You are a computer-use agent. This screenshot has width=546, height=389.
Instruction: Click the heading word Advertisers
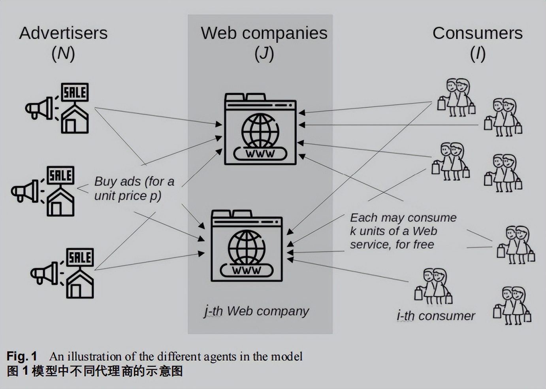pos(63,33)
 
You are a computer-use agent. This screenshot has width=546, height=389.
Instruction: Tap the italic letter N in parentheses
pos(63,53)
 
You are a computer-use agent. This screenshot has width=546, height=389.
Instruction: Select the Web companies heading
pos(264,33)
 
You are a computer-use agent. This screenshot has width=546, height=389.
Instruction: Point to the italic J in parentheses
pos(264,53)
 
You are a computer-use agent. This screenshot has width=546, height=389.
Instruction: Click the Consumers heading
pos(477,33)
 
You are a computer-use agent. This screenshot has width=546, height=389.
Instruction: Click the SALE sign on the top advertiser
pos(75,93)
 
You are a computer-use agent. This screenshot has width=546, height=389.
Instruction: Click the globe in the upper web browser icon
pos(260,130)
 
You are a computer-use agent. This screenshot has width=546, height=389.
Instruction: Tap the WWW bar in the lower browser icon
pos(247,270)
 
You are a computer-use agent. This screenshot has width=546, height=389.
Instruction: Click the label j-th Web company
pos(257,312)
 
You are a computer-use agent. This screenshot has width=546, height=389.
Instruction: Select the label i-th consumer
pos(436,316)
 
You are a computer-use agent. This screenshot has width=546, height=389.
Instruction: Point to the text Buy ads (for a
pos(134,181)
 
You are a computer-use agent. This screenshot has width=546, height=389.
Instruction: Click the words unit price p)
pos(128,196)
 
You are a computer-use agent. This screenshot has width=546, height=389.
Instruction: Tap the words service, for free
pos(392,245)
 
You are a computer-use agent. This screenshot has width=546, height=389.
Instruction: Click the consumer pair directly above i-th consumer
pos(434,287)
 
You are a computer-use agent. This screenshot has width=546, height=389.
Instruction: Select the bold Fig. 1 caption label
pos(22,357)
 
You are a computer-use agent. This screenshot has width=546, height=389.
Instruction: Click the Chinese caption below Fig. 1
pos(95,372)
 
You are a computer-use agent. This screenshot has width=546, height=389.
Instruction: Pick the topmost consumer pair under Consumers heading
pos(456,97)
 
